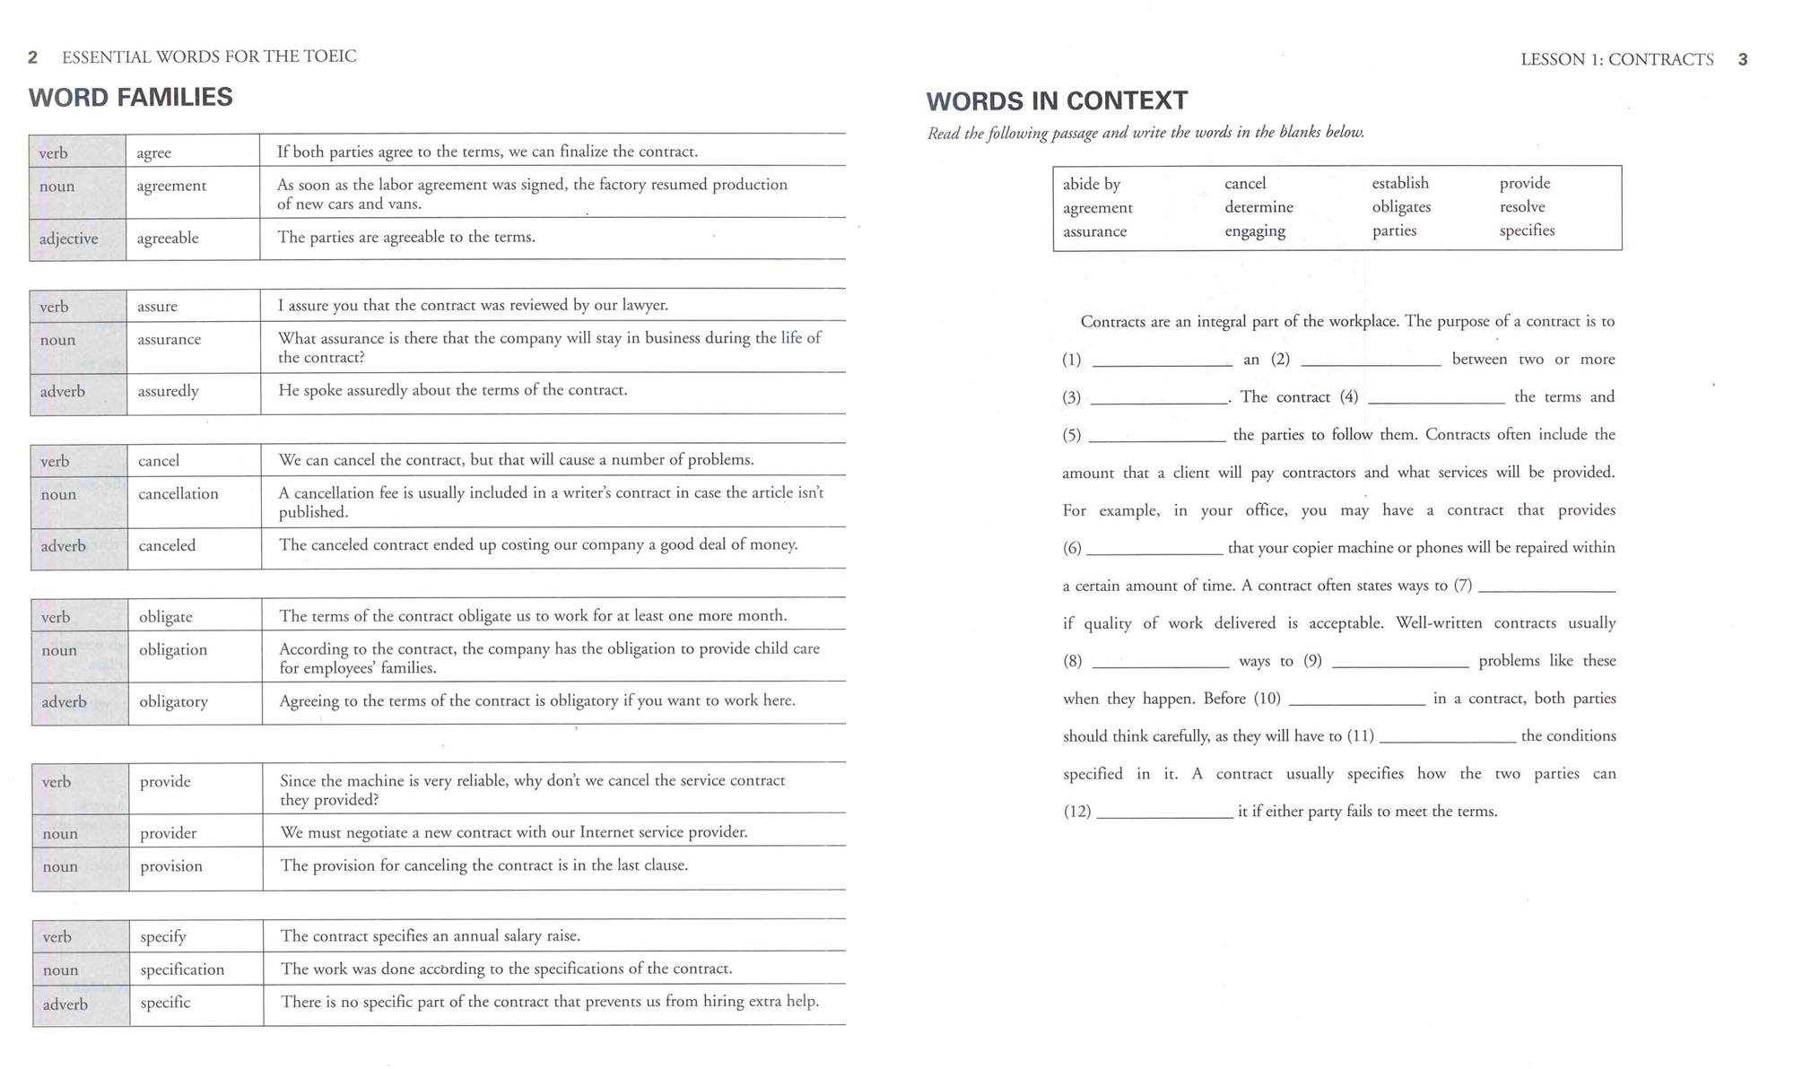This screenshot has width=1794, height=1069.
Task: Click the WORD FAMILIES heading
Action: (131, 97)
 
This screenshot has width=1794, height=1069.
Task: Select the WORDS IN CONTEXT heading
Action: (1057, 100)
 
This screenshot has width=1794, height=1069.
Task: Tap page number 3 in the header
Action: (1742, 59)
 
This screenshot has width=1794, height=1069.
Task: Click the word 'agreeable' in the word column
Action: (168, 238)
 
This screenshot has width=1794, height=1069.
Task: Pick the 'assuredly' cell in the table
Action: (168, 391)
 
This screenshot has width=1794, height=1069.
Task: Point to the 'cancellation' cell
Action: (178, 494)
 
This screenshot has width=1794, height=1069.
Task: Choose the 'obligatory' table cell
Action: (173, 701)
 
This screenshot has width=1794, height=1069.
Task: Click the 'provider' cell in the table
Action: (168, 833)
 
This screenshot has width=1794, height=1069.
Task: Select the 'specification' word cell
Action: (182, 969)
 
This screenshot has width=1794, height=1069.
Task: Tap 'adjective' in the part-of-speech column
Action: (68, 239)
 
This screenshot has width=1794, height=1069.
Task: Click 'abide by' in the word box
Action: (1092, 184)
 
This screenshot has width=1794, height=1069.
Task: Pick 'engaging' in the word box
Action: (1255, 231)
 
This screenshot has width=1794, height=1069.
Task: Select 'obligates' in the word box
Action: (1401, 207)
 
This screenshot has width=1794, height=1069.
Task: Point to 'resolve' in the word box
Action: (1522, 207)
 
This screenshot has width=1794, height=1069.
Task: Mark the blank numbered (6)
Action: (1154, 548)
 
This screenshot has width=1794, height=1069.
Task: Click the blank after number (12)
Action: (1164, 812)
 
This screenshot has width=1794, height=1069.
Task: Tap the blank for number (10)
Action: (1356, 699)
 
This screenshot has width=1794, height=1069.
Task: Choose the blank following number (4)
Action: (1436, 397)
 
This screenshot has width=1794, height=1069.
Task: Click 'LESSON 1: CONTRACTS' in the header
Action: (1616, 60)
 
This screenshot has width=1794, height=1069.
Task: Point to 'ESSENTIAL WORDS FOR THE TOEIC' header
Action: (209, 56)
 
